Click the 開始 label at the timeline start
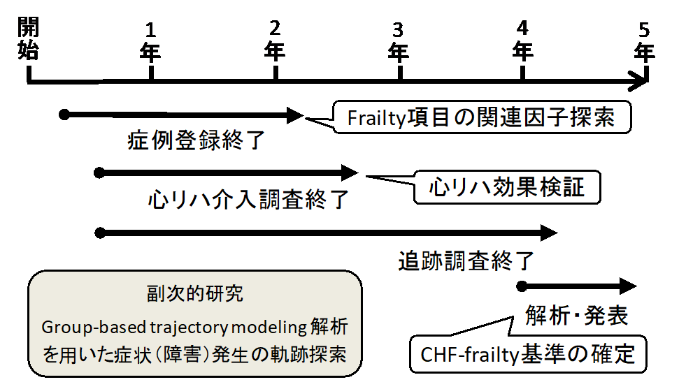pyautogui.click(x=29, y=40)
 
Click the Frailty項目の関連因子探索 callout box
pyautogui.click(x=481, y=117)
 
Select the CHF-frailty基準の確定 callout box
pyautogui.click(x=528, y=354)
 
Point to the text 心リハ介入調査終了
pyautogui.click(x=248, y=200)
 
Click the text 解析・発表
pyautogui.click(x=577, y=316)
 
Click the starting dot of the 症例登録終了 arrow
pyautogui.click(x=64, y=113)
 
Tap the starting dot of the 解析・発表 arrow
pyautogui.click(x=521, y=286)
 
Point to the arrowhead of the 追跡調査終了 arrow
pyautogui.click(x=550, y=232)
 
